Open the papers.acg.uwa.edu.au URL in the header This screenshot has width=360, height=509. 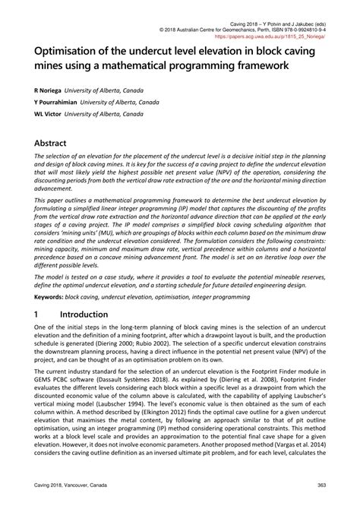pyautogui.click(x=280, y=34)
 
